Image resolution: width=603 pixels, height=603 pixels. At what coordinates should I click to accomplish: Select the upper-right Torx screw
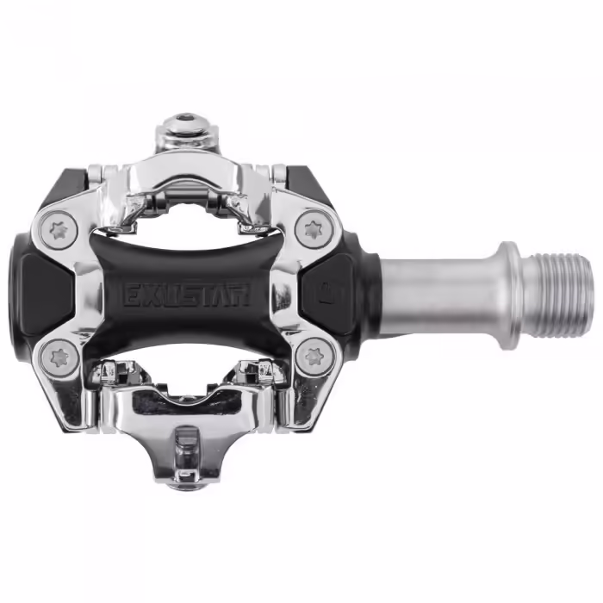(x=311, y=230)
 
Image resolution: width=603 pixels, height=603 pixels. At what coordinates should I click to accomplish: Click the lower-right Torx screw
(x=312, y=356)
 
